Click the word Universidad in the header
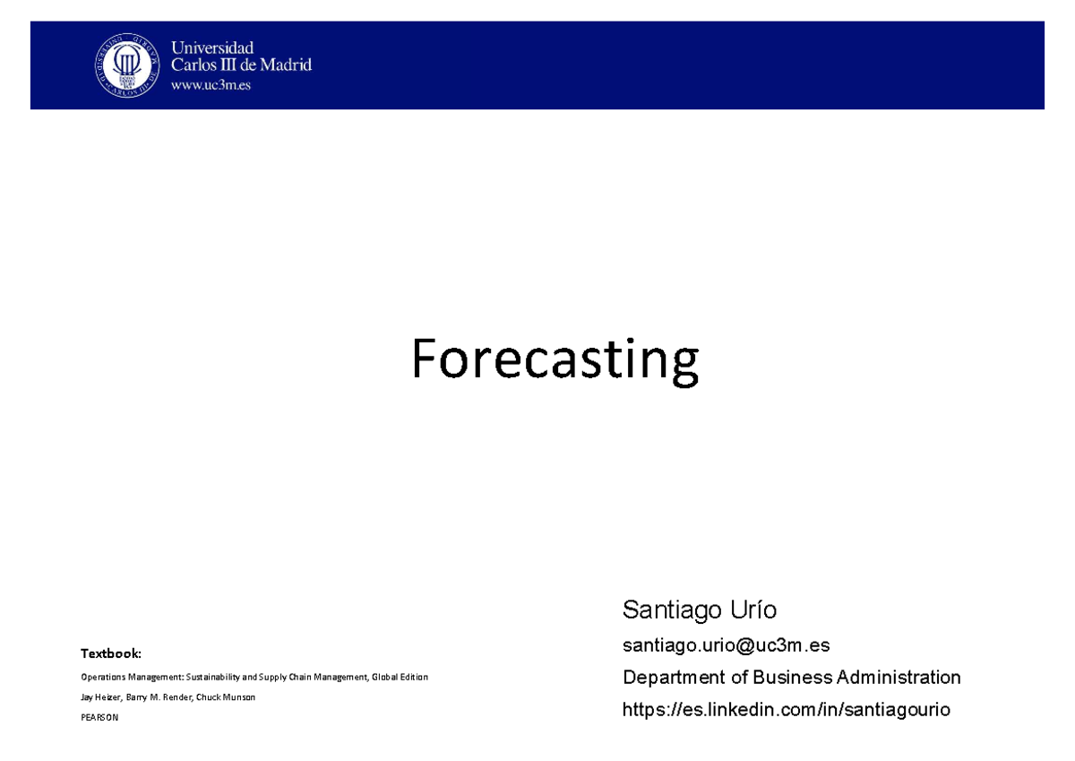tap(212, 48)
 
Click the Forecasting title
tap(555, 360)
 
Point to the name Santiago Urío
tap(700, 610)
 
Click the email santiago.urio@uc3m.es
tap(727, 644)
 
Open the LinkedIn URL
tap(787, 710)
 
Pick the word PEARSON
tap(99, 717)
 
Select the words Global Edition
tap(400, 678)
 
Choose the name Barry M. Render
tap(160, 697)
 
